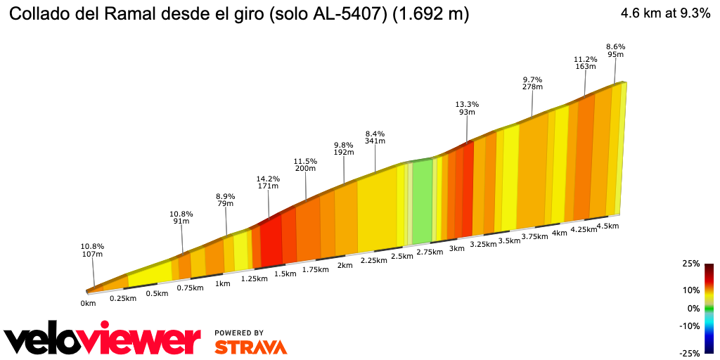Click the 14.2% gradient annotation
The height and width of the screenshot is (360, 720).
[x=269, y=183]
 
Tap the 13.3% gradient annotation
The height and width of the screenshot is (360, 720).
[x=467, y=108]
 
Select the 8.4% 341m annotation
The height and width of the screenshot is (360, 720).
[x=375, y=137]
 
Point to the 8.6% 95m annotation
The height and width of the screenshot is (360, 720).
[x=615, y=50]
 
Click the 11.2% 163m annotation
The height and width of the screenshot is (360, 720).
[x=585, y=63]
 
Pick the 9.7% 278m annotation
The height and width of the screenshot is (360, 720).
[x=532, y=83]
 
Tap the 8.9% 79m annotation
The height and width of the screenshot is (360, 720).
[x=226, y=200]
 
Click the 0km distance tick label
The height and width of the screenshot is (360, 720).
[x=88, y=304]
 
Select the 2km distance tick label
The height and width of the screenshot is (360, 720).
[x=345, y=265]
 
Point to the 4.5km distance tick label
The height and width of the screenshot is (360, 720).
[x=607, y=226]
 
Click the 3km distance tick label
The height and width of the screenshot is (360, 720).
[x=457, y=248]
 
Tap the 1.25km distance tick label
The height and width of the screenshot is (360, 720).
[x=254, y=278]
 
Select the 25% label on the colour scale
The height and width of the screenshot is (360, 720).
[x=691, y=264]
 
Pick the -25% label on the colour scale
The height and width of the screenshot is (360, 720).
[x=690, y=353]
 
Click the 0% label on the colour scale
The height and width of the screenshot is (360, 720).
[x=693, y=308]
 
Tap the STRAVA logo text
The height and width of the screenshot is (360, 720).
[x=250, y=347]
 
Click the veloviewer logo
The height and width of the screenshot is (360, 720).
[x=103, y=341]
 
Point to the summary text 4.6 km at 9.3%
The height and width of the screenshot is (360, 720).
[x=665, y=14]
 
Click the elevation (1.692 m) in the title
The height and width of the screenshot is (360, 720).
[x=431, y=14]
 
